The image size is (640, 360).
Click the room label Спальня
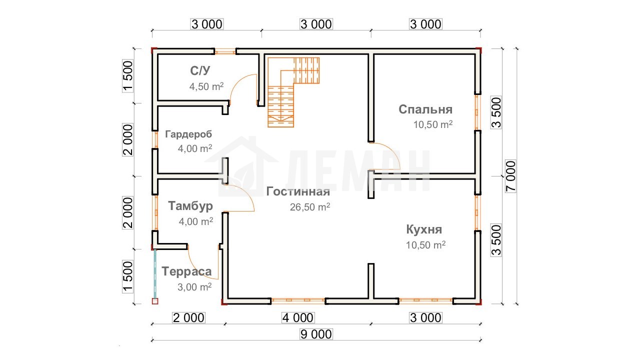click(x=425, y=109)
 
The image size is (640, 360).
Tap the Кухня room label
click(x=424, y=229)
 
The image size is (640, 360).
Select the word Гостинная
click(x=298, y=191)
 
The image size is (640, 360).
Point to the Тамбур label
click(x=190, y=206)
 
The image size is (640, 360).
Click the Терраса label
click(x=186, y=271)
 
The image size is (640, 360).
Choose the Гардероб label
click(x=188, y=134)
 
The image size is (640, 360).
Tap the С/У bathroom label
click(x=200, y=70)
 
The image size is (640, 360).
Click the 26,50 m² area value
click(x=310, y=207)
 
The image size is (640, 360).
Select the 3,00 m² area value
click(x=194, y=287)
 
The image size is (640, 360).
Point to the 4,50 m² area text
click(x=206, y=86)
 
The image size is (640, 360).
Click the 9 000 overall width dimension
click(x=316, y=334)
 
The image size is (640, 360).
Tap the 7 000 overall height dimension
click(x=510, y=176)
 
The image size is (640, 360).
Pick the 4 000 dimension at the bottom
click(x=298, y=317)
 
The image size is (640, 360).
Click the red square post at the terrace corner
click(x=155, y=301)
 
